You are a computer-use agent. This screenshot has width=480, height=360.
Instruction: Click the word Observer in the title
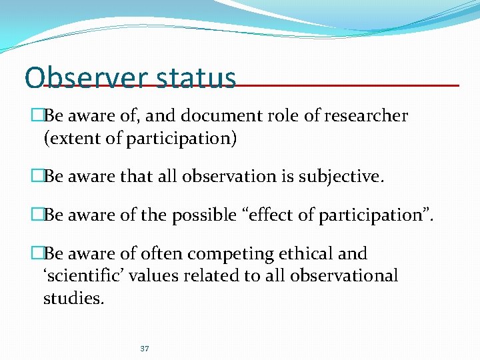(85, 78)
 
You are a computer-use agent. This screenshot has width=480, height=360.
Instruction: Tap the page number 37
(145, 349)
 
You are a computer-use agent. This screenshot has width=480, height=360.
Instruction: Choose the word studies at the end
(73, 298)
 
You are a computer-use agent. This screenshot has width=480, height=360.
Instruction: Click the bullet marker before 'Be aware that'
(37, 177)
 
